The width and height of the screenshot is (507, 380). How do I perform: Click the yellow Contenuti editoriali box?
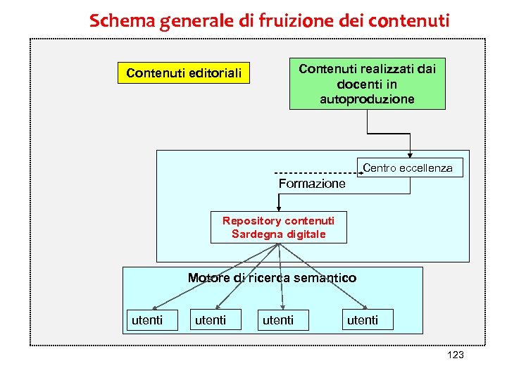click(183, 72)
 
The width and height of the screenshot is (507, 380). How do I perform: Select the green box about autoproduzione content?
click(367, 84)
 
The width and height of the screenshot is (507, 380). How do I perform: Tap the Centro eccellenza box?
click(408, 168)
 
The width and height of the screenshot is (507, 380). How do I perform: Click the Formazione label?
click(312, 184)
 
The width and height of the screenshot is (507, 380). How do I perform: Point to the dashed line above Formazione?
click(313, 173)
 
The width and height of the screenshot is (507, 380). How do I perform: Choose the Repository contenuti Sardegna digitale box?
click(278, 227)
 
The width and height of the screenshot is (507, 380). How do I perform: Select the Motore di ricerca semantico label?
click(272, 278)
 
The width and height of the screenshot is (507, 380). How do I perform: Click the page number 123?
click(456, 355)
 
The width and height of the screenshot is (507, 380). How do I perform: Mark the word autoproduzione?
click(367, 99)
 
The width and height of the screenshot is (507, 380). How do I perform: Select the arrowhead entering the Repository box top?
click(279, 208)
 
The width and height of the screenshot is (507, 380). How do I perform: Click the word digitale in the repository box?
click(308, 234)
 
